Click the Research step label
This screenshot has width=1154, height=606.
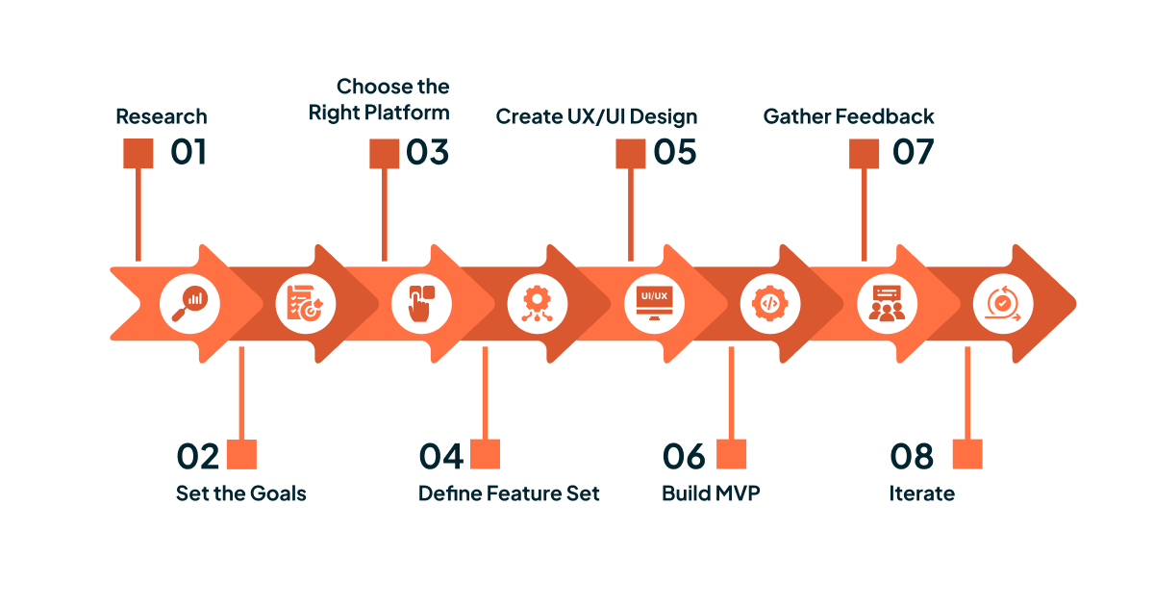[x=162, y=116]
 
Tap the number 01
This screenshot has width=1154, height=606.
[x=188, y=153]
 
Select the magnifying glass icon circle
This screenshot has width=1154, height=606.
[x=189, y=303]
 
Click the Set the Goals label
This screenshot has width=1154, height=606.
[x=240, y=493]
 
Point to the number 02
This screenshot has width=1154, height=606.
[x=198, y=456]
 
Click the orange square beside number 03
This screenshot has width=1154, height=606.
[x=384, y=154]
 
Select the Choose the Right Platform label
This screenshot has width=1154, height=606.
[x=379, y=99]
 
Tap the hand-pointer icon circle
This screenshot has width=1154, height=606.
[x=421, y=303]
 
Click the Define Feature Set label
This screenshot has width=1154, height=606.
[x=509, y=493]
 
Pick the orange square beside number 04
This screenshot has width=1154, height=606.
[x=485, y=455]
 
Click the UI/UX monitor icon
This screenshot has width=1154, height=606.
[x=653, y=303]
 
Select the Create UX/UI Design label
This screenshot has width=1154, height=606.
[x=596, y=116]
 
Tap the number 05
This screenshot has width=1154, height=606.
[x=674, y=153]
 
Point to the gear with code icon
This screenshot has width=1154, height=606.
[x=768, y=303]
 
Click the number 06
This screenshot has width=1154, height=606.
[x=684, y=456]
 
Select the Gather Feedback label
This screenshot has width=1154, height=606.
[x=848, y=116]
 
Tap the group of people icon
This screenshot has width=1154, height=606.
[x=887, y=303]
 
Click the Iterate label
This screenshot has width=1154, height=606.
[x=921, y=493]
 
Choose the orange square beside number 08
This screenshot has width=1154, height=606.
[x=966, y=455]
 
